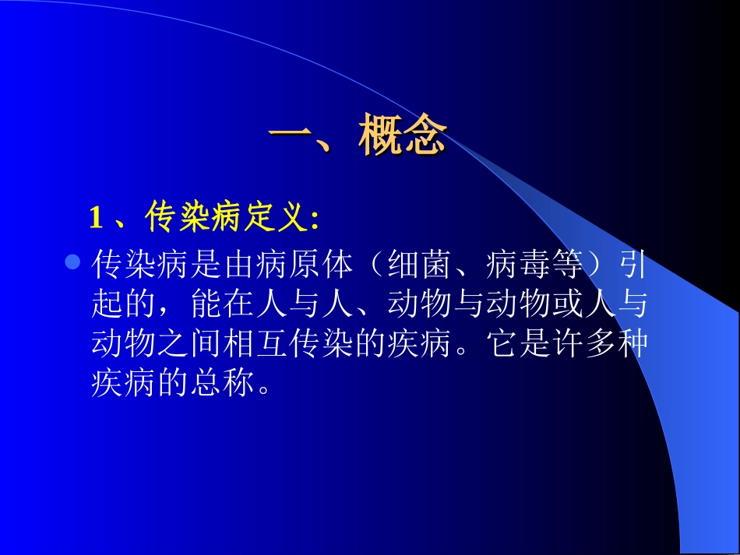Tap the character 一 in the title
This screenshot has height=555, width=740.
click(x=289, y=139)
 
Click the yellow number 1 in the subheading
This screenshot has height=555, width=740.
click(x=97, y=219)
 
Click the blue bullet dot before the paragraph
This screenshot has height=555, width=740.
click(x=72, y=264)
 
